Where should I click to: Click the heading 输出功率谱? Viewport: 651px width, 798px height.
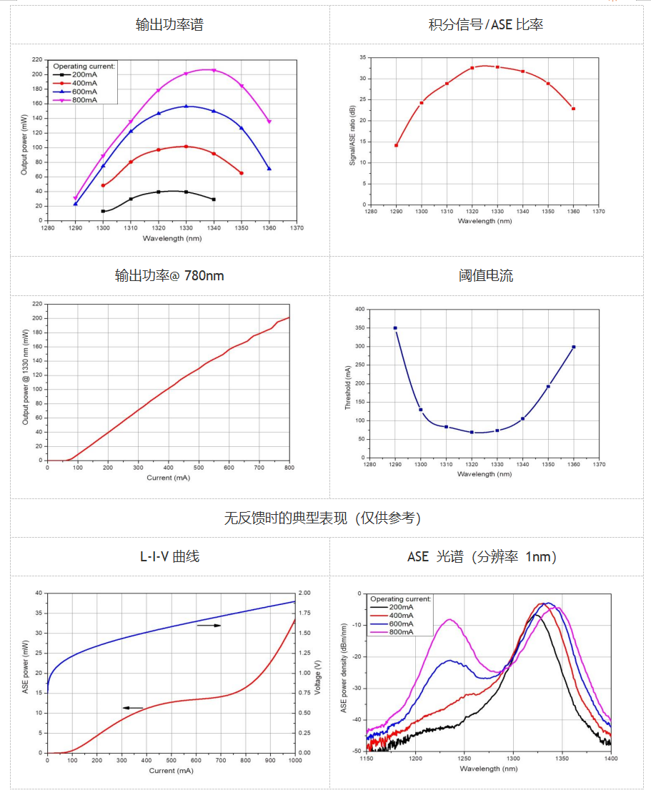click(x=169, y=24)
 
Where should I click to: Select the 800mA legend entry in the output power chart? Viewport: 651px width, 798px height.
click(x=84, y=100)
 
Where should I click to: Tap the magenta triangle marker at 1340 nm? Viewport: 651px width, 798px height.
click(x=214, y=70)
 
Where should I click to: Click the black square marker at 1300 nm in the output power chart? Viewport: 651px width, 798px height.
click(x=103, y=211)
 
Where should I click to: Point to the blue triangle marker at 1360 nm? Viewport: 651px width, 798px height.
click(x=269, y=169)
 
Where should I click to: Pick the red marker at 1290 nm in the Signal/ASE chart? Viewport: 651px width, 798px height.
click(x=396, y=145)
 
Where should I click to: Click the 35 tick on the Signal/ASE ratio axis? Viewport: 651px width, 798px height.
click(x=362, y=57)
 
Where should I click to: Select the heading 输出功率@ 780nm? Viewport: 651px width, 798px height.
click(x=169, y=275)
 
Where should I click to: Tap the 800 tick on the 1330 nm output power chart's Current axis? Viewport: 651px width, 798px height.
click(x=289, y=469)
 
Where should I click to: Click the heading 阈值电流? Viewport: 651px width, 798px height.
click(x=486, y=275)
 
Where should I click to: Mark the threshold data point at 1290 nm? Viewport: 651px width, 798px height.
click(x=395, y=328)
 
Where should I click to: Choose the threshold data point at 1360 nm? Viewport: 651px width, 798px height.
click(x=573, y=347)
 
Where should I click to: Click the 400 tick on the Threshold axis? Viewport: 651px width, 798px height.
click(x=360, y=310)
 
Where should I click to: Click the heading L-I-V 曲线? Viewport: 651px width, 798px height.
click(x=169, y=556)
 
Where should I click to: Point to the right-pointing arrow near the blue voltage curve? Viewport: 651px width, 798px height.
click(x=209, y=626)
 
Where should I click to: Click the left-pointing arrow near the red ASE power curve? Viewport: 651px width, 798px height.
click(x=133, y=708)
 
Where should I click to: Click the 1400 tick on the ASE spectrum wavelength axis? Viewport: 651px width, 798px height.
click(x=610, y=759)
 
